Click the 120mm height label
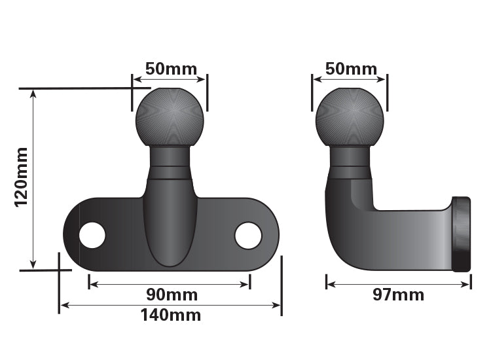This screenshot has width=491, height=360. pyautogui.click(x=21, y=177)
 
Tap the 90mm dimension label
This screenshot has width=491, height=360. pyautogui.click(x=170, y=294)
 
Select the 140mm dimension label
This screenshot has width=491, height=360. pyautogui.click(x=170, y=315)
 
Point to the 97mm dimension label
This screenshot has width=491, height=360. pyautogui.click(x=398, y=295)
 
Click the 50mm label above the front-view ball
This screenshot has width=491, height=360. pyautogui.click(x=170, y=69)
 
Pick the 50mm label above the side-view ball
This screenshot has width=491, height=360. pyautogui.click(x=350, y=69)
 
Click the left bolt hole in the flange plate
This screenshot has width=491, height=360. pyautogui.click(x=92, y=235)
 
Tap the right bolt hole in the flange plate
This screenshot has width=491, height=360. pyautogui.click(x=248, y=236)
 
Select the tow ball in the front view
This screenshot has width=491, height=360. pyautogui.click(x=170, y=118)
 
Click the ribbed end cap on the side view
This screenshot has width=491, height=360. pyautogui.click(x=462, y=234)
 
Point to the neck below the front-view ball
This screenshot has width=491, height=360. pyautogui.click(x=170, y=163)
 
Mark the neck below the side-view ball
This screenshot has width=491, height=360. pyautogui.click(x=350, y=163)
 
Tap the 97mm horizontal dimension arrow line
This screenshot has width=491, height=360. pyautogui.click(x=398, y=284)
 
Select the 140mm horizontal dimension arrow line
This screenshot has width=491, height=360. pyautogui.click(x=170, y=305)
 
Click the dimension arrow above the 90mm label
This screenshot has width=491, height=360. pyautogui.click(x=170, y=284)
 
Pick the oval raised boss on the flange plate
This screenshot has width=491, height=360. pyautogui.click(x=170, y=226)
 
